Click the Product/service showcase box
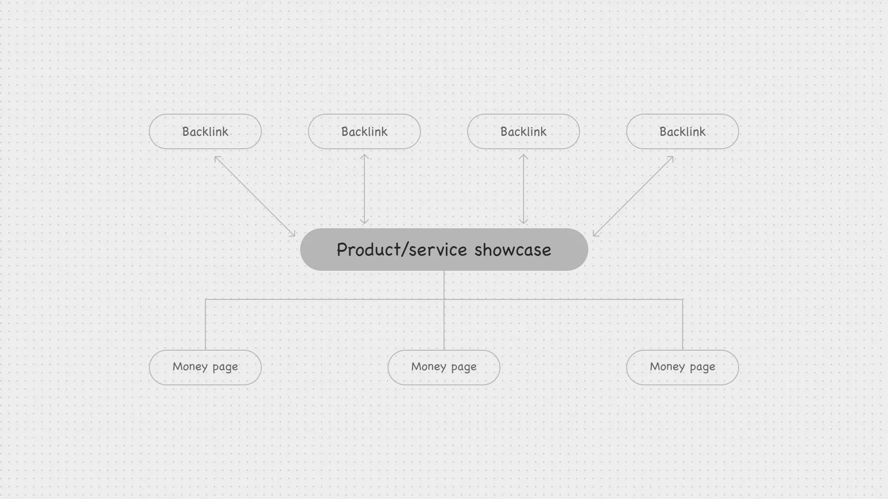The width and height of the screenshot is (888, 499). [x=444, y=249]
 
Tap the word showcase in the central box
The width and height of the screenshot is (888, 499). [x=512, y=250]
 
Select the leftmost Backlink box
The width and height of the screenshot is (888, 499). [x=205, y=132]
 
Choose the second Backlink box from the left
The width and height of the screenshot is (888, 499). [x=364, y=132]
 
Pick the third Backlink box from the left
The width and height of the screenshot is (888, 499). [x=524, y=132]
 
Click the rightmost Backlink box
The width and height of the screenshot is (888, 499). [x=683, y=132]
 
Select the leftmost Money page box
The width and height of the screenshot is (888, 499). [x=205, y=367]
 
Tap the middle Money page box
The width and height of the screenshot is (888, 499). [x=444, y=367]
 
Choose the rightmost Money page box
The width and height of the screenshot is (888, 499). [x=683, y=367]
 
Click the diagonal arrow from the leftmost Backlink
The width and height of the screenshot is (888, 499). [x=255, y=196]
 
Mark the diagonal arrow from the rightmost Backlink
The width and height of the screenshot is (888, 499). [x=633, y=196]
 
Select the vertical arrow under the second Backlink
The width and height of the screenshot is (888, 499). [x=364, y=189]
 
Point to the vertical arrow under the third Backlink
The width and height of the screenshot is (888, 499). [x=524, y=189]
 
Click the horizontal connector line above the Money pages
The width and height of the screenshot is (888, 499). [x=444, y=299]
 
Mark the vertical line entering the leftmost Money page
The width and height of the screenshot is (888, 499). [x=205, y=325]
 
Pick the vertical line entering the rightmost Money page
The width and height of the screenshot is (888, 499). [x=683, y=325]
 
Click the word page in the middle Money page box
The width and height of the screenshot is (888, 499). [x=464, y=368]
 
